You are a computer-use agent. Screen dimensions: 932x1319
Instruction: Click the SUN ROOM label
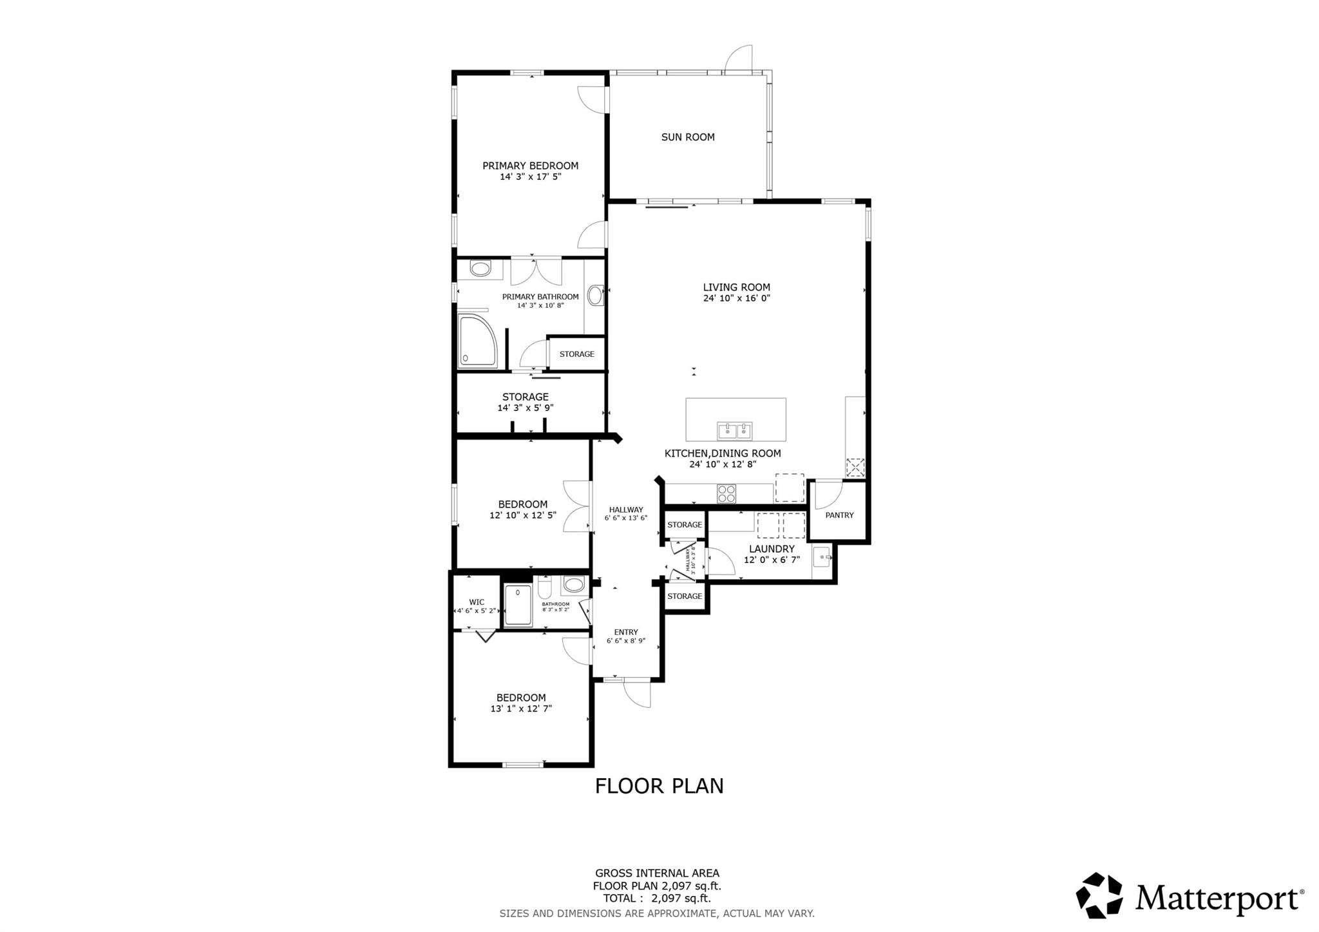click(688, 137)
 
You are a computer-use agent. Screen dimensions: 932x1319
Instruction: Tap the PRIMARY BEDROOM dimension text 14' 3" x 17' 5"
click(531, 176)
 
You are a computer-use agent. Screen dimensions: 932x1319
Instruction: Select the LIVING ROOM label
click(736, 287)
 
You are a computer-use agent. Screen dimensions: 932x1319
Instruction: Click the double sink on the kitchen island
click(735, 430)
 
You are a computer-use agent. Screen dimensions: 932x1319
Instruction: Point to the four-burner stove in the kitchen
click(726, 494)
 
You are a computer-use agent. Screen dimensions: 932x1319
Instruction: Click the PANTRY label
click(839, 515)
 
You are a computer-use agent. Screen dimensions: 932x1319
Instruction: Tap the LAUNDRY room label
click(772, 549)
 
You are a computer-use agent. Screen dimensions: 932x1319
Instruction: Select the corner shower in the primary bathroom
click(477, 341)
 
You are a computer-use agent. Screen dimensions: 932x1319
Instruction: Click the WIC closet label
click(477, 602)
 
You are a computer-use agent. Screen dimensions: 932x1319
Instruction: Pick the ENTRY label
click(626, 632)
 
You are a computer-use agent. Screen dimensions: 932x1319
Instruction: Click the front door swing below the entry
click(638, 694)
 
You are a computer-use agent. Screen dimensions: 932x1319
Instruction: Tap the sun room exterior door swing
click(739, 59)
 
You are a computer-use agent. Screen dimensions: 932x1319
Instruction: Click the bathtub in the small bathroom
click(518, 605)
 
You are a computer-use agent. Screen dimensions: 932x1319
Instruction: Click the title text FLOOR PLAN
click(659, 786)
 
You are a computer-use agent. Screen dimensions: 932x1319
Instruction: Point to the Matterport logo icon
click(1099, 895)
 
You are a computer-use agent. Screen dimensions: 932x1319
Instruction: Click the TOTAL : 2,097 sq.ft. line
click(657, 899)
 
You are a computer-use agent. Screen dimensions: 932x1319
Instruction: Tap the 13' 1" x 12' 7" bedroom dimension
click(521, 709)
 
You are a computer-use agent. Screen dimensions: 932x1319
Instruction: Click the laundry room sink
click(821, 557)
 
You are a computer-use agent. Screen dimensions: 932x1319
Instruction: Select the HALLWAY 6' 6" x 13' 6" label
click(626, 513)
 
